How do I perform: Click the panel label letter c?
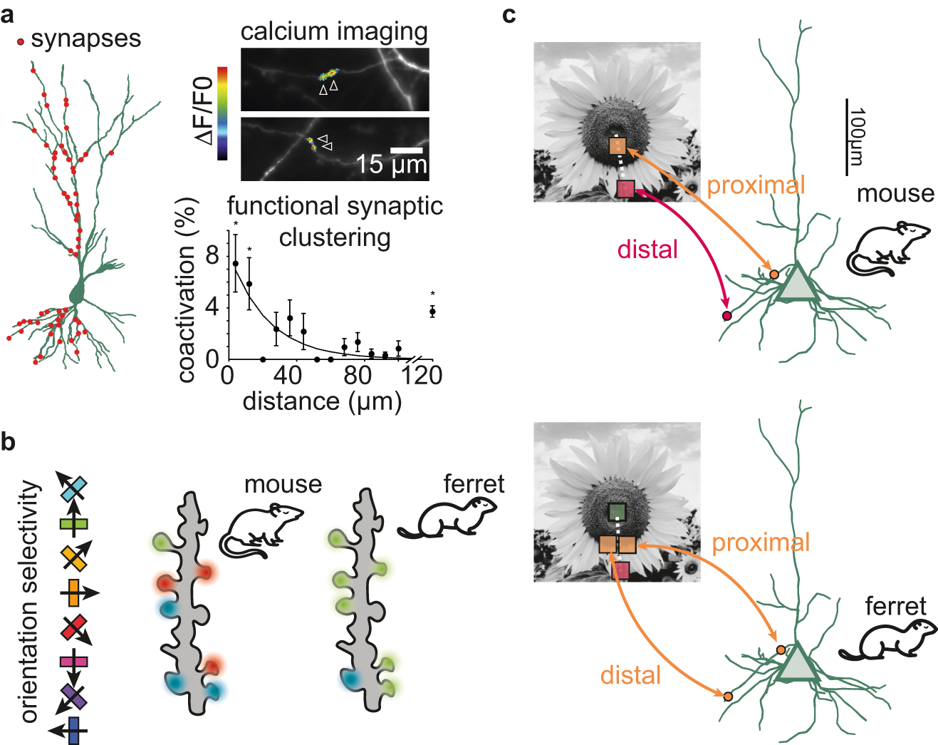pos(509,14)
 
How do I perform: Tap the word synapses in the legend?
pos(86,38)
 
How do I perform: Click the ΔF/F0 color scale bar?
pos(223,113)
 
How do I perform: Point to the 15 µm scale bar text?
pos(391,165)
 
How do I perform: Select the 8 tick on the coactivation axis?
pos(212,255)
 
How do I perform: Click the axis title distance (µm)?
pos(322,401)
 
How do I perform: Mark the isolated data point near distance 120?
pos(432,312)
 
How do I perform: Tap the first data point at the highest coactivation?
pos(236,264)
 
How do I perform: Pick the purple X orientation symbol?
pos(73,696)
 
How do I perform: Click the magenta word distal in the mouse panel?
pos(647,250)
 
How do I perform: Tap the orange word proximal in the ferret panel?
pos(761,543)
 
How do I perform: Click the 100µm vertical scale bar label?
pos(858,137)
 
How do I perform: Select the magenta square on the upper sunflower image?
pos(625,189)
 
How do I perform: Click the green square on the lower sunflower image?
pos(617,512)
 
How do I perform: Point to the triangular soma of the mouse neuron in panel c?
pos(795,284)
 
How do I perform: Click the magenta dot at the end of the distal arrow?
pos(726,316)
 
